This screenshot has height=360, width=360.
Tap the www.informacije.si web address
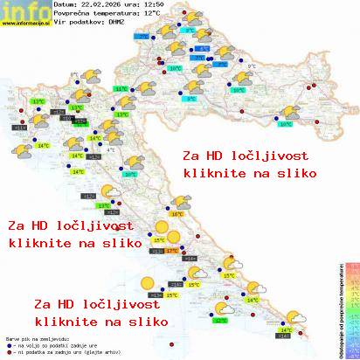(26, 24)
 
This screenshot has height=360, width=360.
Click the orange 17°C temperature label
(171, 251)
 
